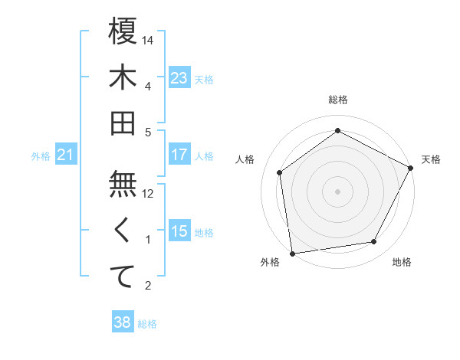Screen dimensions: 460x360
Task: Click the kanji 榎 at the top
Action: (x=123, y=31)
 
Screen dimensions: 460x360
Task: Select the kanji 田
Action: (x=123, y=123)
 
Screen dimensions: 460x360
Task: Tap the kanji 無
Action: (x=123, y=185)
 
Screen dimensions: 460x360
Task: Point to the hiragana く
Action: (x=123, y=231)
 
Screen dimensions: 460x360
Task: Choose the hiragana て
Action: (x=123, y=277)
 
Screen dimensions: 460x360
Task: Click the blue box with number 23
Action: (x=179, y=77)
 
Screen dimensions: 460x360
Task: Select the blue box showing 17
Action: (x=179, y=155)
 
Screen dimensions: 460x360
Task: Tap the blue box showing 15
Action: (x=179, y=231)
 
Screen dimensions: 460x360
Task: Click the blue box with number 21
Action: (x=66, y=155)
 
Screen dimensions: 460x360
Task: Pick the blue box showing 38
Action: (x=123, y=322)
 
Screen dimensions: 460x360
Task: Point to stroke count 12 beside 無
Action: (x=149, y=194)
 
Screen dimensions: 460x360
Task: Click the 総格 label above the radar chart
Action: (x=337, y=100)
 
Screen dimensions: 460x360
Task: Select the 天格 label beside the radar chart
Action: (x=431, y=159)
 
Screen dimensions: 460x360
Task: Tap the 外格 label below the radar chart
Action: (x=270, y=262)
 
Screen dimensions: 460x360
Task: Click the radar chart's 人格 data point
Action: (x=280, y=172)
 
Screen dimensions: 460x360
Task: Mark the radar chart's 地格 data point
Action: (x=374, y=241)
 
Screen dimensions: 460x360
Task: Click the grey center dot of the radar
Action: (x=337, y=191)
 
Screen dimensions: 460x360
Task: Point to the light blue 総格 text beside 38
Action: (x=148, y=323)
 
